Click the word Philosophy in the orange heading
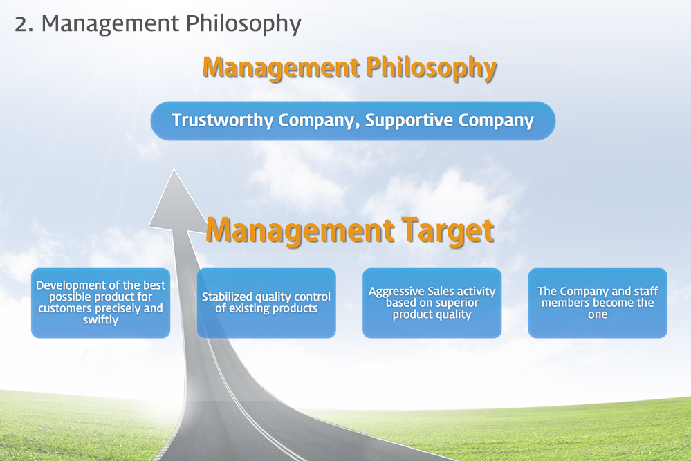coord(432,68)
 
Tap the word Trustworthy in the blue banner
coord(222,120)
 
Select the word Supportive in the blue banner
coord(409,121)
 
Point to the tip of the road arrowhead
coord(174,169)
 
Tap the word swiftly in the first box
coord(100,320)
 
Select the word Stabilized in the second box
coord(227,297)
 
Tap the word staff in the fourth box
coord(646,291)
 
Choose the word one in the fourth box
coord(598,314)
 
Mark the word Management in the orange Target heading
coord(300,231)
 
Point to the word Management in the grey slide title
coord(110,24)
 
